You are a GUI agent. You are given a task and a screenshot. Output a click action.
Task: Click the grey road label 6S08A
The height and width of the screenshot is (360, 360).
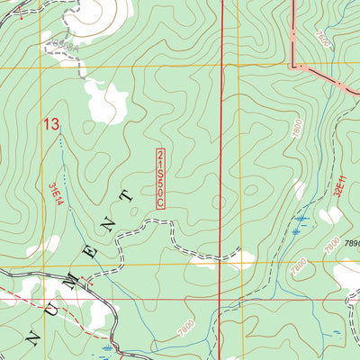point(64,43)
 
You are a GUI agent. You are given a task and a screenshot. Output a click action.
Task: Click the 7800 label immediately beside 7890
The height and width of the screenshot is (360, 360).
point(332,240)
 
